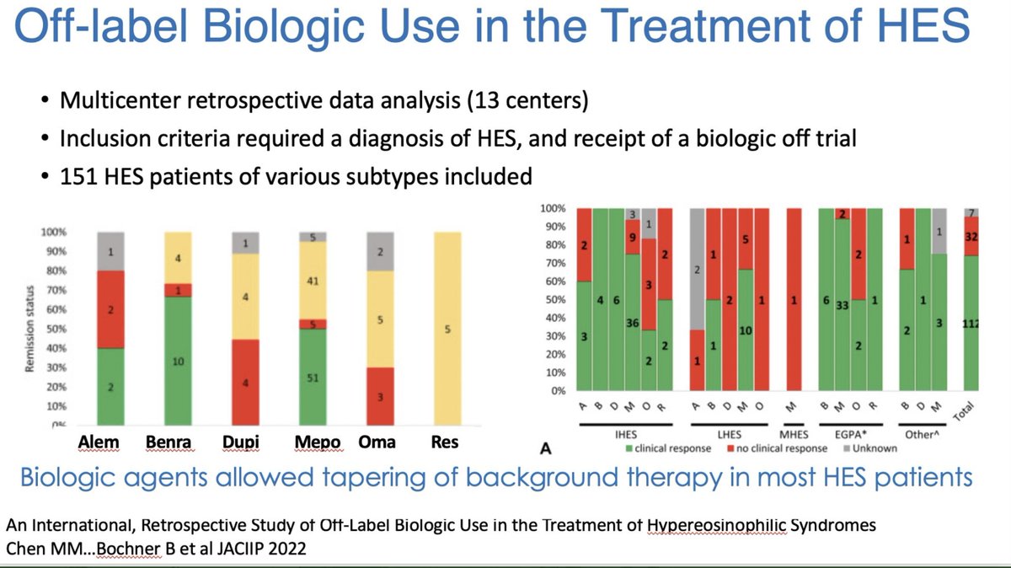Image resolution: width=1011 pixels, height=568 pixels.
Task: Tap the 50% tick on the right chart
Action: click(554, 300)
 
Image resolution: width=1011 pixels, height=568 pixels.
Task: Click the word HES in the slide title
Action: click(917, 32)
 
